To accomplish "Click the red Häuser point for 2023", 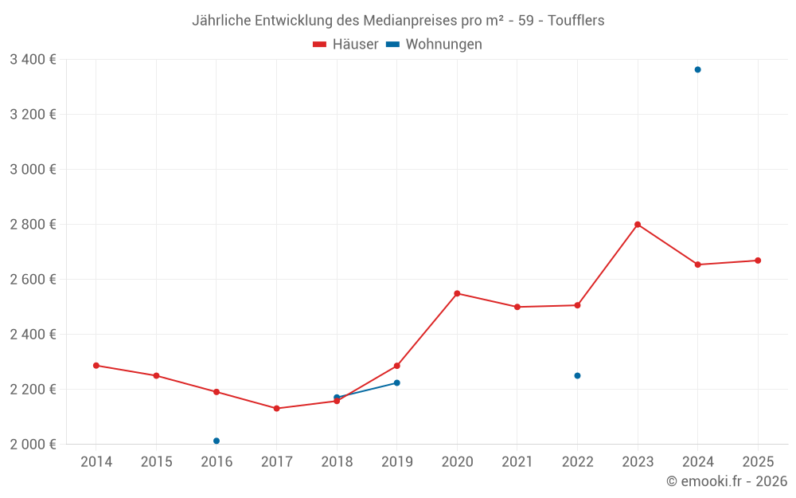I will pos(638,225).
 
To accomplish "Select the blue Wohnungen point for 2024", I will pos(697,69).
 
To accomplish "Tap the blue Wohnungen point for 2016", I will pos(217,441).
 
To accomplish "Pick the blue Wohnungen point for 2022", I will pos(577,375).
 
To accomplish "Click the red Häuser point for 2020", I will pos(457,293).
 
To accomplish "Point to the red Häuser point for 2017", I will pos(276,409).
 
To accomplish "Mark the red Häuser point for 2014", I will pos(96,366).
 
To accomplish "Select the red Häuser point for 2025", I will pos(758,261).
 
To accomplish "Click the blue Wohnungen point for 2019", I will pos(396,383).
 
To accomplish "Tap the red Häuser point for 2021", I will pos(517,307).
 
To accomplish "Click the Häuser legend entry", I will pos(345,45).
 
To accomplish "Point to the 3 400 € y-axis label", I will pos(33,60).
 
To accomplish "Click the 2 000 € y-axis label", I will pos(33,445).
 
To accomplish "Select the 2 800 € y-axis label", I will pos(33,225).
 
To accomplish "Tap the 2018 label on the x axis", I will pos(337,462).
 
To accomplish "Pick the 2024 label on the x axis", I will pos(697,462).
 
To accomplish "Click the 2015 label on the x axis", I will pos(156,462).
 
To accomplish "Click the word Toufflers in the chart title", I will pos(576,21).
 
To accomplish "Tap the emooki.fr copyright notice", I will pos(727,481).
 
